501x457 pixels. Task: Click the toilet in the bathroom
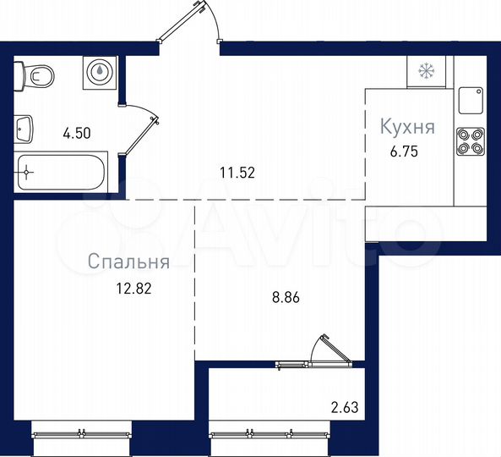(37, 75)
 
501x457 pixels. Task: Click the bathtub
(60, 173)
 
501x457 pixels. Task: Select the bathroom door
(143, 127)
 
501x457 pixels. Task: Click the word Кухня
(406, 128)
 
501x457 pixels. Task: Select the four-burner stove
(469, 140)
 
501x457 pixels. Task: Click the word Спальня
(128, 262)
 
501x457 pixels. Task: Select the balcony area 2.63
(346, 407)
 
